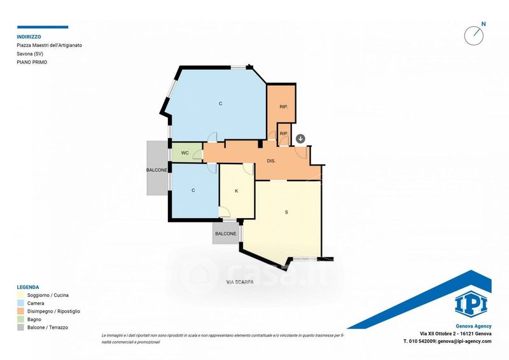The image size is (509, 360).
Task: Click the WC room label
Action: [x=185, y=153]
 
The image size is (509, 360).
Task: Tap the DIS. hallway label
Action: [x=272, y=161]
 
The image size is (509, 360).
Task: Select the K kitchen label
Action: [x=236, y=191]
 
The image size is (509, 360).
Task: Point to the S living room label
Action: [x=286, y=212]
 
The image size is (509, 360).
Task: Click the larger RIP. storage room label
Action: [x=284, y=106]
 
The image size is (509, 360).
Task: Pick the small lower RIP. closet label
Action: [x=284, y=134]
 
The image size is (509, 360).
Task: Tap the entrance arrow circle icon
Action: [x=300, y=139]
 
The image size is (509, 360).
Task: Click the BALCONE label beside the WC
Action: [x=157, y=170]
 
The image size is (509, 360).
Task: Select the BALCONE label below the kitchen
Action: [x=226, y=233]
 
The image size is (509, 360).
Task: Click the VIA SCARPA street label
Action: [x=241, y=282]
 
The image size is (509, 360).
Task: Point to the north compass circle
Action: [x=473, y=36]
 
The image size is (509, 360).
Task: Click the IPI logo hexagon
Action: [x=471, y=304]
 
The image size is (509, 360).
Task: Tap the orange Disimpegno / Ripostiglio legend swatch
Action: [x=20, y=311]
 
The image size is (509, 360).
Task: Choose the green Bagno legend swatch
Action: [x=20, y=319]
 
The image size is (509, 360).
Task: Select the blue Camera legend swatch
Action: [x=20, y=303]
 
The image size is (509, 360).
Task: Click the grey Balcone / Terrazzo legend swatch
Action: [x=20, y=328]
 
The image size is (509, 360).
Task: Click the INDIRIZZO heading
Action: [x=29, y=37]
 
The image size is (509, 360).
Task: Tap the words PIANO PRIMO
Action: [x=32, y=62]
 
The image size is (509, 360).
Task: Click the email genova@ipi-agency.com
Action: [x=464, y=341]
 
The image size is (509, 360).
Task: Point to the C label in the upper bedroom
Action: [x=220, y=104]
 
